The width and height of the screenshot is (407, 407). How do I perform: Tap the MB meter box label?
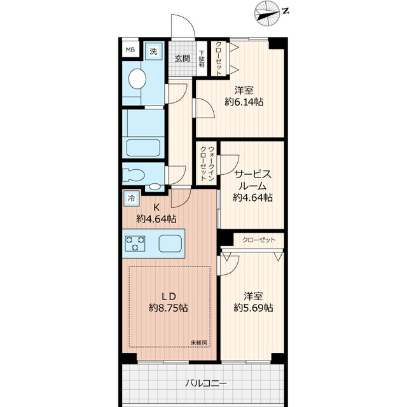pyautogui.click(x=130, y=50)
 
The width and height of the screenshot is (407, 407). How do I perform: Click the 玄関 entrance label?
pyautogui.click(x=182, y=59)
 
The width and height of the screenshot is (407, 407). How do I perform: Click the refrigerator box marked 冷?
pyautogui.click(x=130, y=198)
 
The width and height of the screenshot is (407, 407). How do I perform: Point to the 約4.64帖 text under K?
pyautogui.click(x=156, y=219)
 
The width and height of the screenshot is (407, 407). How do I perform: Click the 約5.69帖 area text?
pyautogui.click(x=253, y=308)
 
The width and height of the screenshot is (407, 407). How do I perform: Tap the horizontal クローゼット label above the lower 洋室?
pyautogui.click(x=259, y=240)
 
